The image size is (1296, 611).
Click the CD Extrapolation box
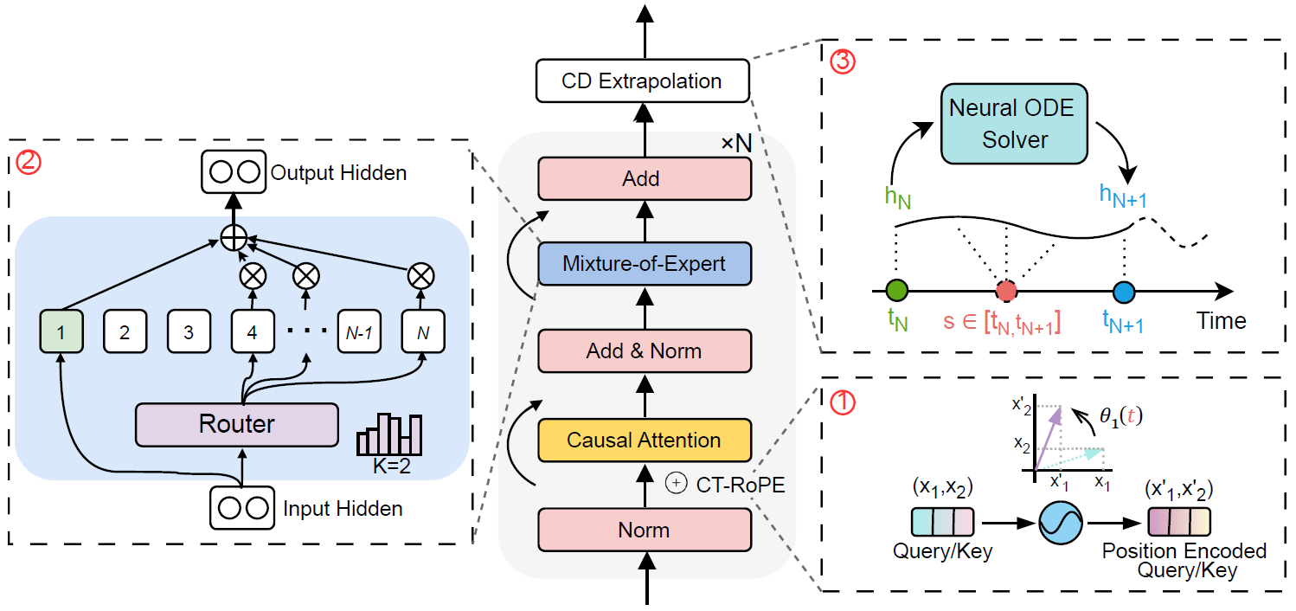pyautogui.click(x=641, y=81)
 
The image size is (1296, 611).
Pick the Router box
pyautogui.click(x=236, y=424)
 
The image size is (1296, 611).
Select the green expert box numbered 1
pyautogui.click(x=61, y=332)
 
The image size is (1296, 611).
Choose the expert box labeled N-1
pyautogui.click(x=359, y=332)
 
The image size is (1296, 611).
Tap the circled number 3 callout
pyautogui.click(x=840, y=62)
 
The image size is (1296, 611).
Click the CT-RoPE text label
pyautogui.click(x=740, y=484)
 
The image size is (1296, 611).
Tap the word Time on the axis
pyautogui.click(x=1222, y=321)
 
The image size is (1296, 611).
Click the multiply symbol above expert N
pyautogui.click(x=420, y=276)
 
